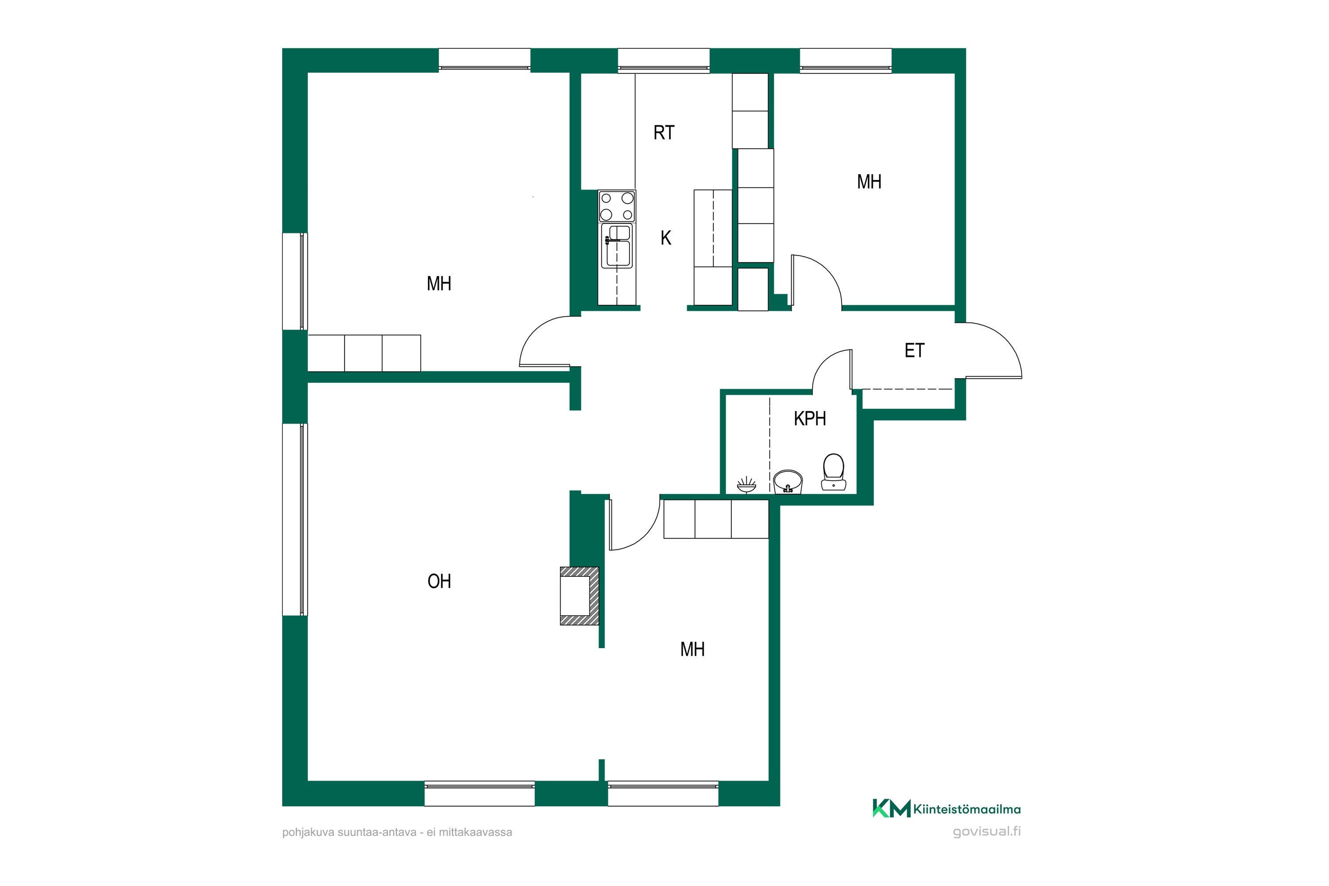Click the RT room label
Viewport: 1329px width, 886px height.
[664, 133]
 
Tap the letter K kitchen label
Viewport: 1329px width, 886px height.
[666, 238]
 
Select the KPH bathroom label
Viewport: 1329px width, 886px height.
[810, 419]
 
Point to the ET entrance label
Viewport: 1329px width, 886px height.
[914, 350]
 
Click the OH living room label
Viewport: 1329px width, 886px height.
[439, 581]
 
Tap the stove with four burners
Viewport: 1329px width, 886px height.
[617, 206]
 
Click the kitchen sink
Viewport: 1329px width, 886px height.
[617, 246]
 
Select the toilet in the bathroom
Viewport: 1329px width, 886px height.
[833, 472]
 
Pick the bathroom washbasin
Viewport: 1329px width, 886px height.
[788, 482]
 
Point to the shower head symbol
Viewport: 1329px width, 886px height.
[746, 485]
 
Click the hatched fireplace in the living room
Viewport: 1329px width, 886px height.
[579, 595]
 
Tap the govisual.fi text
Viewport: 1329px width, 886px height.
[987, 832]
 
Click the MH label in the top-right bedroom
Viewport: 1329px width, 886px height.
[869, 182]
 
